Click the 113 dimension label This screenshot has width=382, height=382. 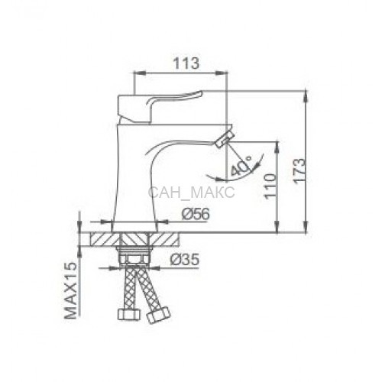click(x=186, y=63)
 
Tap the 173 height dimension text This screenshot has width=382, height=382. click(x=299, y=170)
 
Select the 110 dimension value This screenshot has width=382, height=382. click(x=270, y=186)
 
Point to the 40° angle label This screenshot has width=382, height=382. click(x=241, y=166)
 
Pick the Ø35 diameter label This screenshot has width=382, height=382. click(x=184, y=260)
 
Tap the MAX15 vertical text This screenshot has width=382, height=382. click(x=70, y=290)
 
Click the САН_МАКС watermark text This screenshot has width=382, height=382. click(x=191, y=192)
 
